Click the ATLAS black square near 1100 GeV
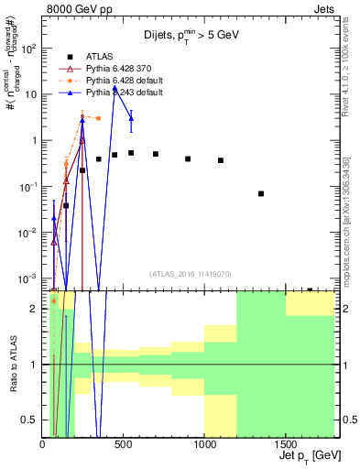[221, 160]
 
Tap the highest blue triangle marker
[115, 89]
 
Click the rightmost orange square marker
[98, 118]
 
